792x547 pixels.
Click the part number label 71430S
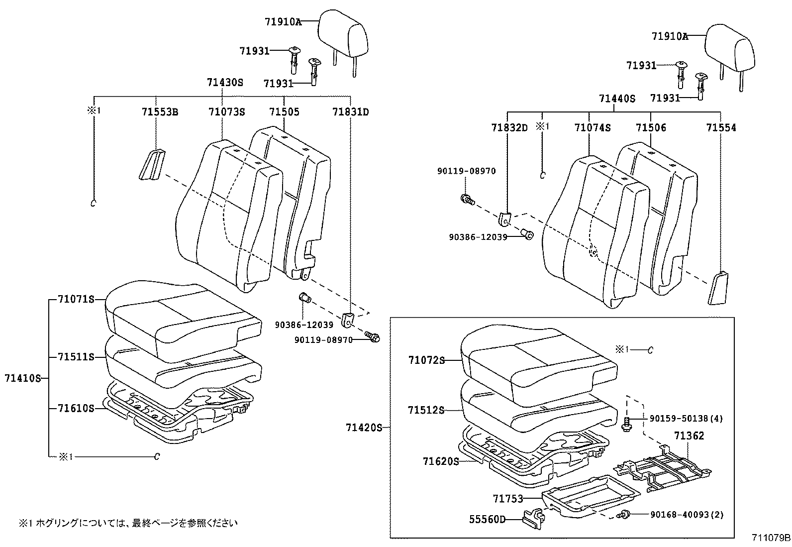(225, 82)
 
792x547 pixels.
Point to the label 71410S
(21, 378)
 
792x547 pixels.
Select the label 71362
(689, 436)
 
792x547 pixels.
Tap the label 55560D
(487, 520)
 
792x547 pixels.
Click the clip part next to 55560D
(532, 518)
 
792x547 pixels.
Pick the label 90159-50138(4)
(686, 419)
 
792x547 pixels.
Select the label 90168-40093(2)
(686, 514)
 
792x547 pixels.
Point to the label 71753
(508, 498)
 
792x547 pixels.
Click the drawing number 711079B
(771, 538)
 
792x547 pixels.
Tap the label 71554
(721, 128)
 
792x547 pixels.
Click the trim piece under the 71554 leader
(717, 288)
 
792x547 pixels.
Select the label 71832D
(509, 128)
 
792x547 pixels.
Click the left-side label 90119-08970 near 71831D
(323, 340)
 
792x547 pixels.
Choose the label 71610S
(76, 408)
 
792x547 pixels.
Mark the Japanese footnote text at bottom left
(128, 523)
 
